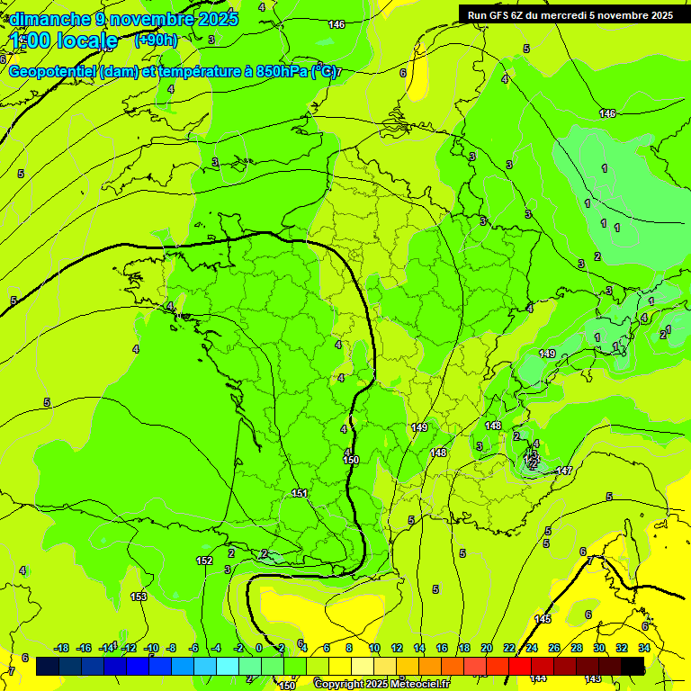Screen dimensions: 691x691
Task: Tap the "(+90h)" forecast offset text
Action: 156,40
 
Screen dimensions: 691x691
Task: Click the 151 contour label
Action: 300,493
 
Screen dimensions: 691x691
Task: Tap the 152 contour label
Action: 204,561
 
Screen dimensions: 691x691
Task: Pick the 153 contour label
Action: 139,597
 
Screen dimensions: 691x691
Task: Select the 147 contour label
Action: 564,471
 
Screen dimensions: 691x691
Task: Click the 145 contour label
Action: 543,619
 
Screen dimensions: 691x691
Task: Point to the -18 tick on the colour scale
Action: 62,648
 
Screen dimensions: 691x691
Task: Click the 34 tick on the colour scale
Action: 644,648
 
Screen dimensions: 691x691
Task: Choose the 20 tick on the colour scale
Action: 487,648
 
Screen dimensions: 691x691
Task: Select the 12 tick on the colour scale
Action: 397,648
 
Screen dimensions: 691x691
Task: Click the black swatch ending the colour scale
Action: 633,666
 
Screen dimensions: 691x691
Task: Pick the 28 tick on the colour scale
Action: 577,648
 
